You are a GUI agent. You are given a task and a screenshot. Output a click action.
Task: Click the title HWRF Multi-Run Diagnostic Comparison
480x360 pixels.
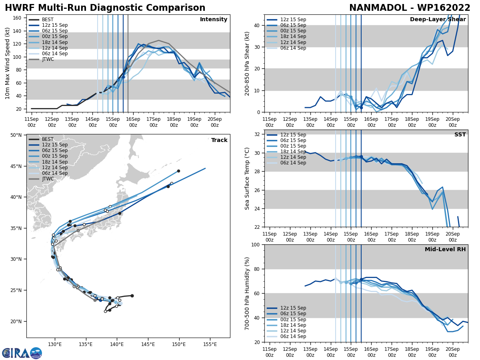[105, 8]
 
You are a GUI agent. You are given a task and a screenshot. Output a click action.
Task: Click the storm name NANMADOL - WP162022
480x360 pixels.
[410, 8]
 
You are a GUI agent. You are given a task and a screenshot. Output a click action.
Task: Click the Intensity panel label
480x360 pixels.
[214, 20]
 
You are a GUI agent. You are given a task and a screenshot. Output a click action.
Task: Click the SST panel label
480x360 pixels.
[460, 135]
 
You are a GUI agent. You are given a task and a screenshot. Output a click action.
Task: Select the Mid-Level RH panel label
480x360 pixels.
[445, 250]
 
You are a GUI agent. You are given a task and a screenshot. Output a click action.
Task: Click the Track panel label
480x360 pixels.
[219, 140]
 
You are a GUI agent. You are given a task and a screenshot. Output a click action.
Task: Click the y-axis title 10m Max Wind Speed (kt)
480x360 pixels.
[8, 63]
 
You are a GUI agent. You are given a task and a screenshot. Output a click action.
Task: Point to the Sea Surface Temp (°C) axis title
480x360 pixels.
[247, 178]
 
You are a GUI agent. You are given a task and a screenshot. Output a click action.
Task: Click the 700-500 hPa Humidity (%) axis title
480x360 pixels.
[247, 293]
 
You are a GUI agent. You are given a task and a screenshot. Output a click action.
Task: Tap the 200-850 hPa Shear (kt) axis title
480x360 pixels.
[247, 63]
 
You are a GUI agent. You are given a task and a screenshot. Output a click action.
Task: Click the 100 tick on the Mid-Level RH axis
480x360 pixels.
[256, 245]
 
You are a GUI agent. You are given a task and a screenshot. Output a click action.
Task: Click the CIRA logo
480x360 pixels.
[22, 353]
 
